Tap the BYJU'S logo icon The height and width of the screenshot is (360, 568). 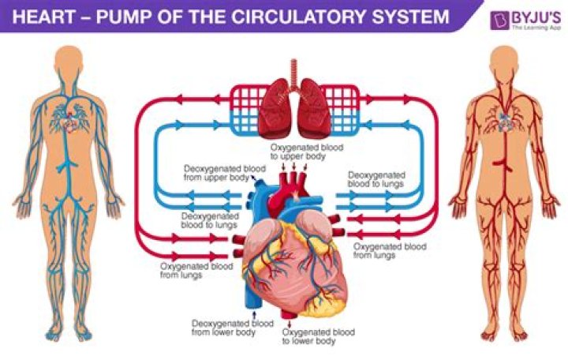499,20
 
